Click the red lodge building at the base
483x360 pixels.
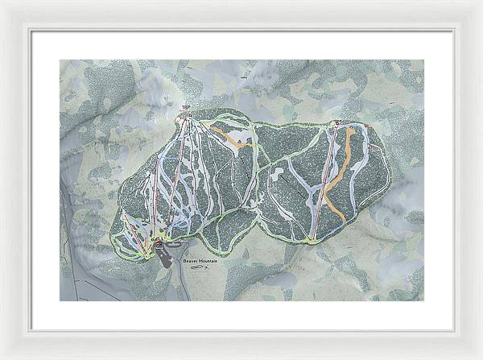(159, 242)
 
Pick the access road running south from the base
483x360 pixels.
(184, 286)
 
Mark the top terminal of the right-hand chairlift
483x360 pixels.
(336, 123)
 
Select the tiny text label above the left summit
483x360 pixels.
(184, 106)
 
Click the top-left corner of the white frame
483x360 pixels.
(2, 2)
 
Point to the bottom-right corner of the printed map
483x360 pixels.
(423, 300)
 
